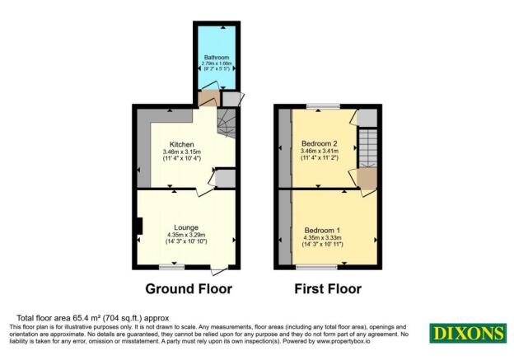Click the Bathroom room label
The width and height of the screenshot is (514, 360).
tap(216, 57)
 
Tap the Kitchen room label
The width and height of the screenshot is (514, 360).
tap(182, 144)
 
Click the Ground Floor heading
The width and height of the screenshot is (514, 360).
tap(189, 289)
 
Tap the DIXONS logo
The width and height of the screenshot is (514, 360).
tap(467, 334)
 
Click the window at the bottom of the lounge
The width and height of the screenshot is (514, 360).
tap(171, 267)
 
